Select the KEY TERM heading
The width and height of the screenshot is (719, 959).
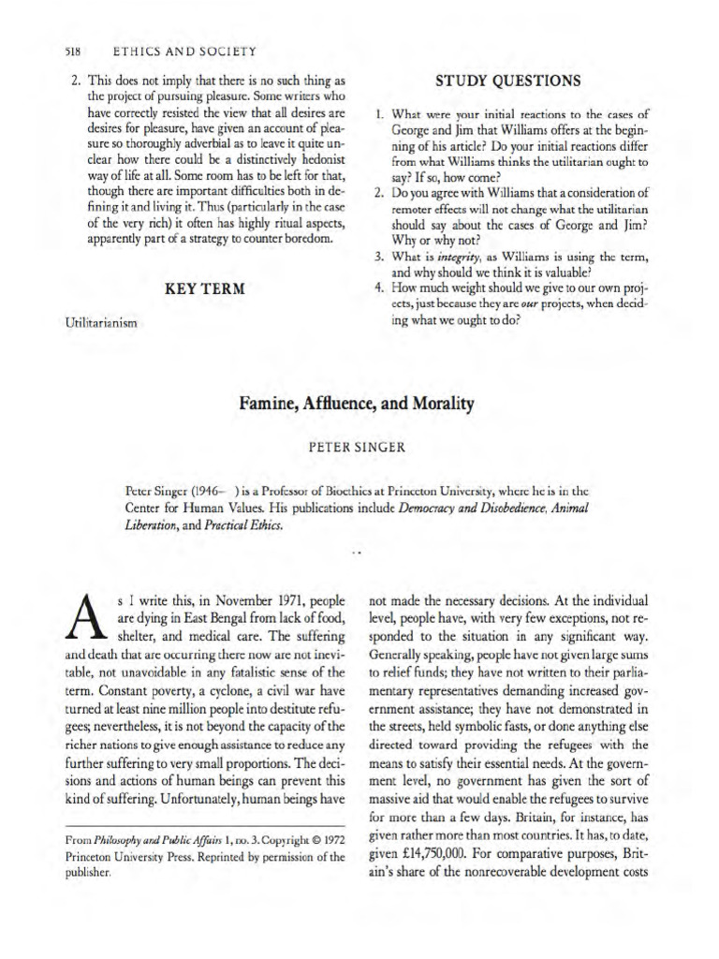[198, 288]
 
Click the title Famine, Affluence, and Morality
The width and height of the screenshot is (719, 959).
[358, 404]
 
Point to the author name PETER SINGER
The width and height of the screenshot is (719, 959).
[358, 447]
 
